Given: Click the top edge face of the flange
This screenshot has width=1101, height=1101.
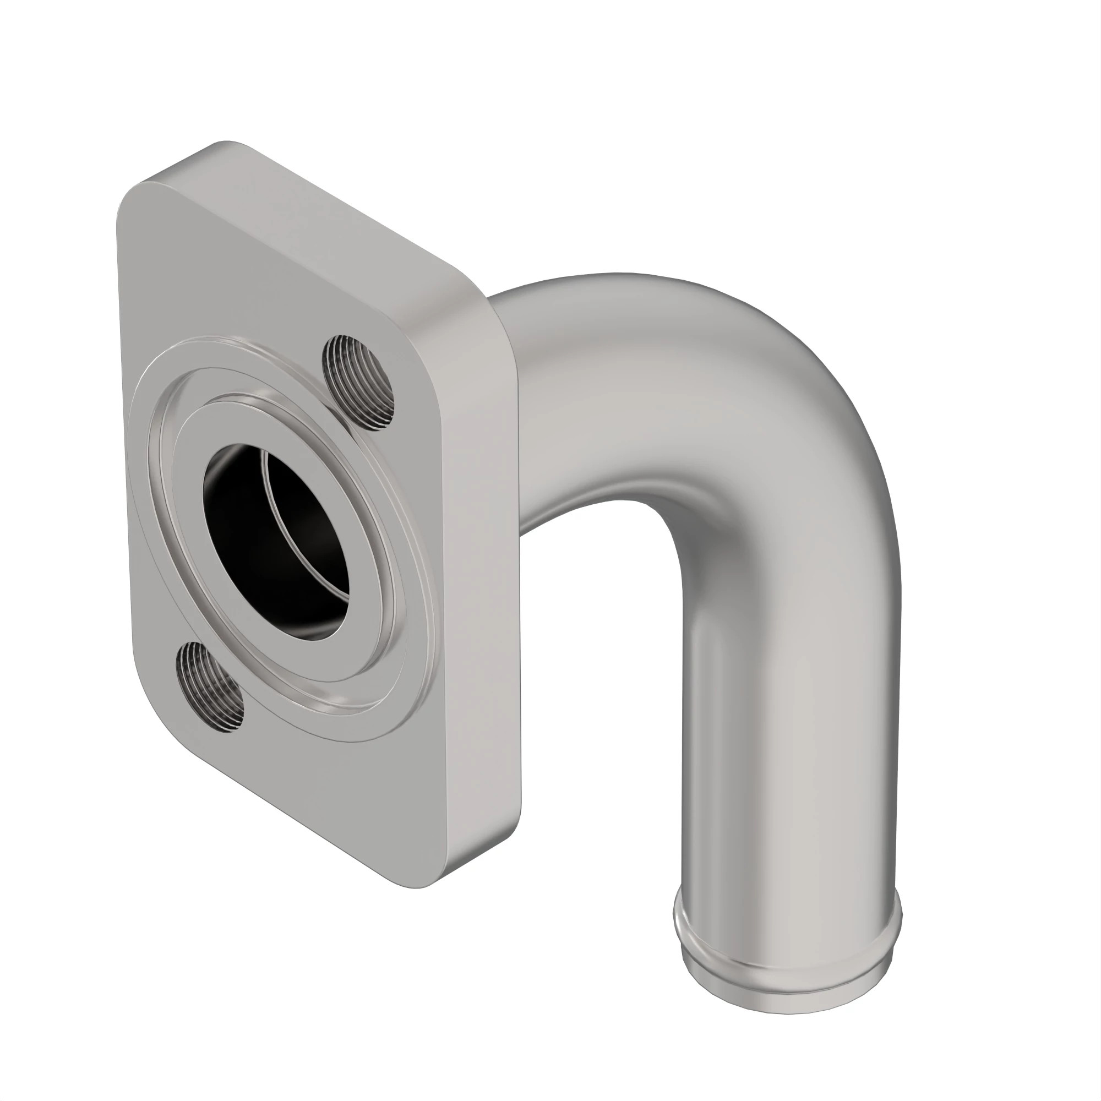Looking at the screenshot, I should pyautogui.click(x=342, y=222).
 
